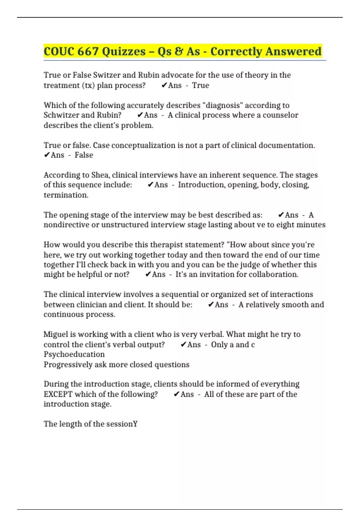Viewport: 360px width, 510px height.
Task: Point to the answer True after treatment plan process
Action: point(200,85)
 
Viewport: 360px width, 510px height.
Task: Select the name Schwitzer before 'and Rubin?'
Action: point(61,115)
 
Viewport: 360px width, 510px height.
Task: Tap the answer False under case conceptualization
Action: point(84,155)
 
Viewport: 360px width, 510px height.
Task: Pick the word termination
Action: point(66,195)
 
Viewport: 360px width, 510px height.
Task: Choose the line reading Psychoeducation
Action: point(74,354)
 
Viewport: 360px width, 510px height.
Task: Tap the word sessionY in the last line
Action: point(122,424)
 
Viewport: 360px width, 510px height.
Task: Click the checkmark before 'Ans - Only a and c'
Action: point(184,345)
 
